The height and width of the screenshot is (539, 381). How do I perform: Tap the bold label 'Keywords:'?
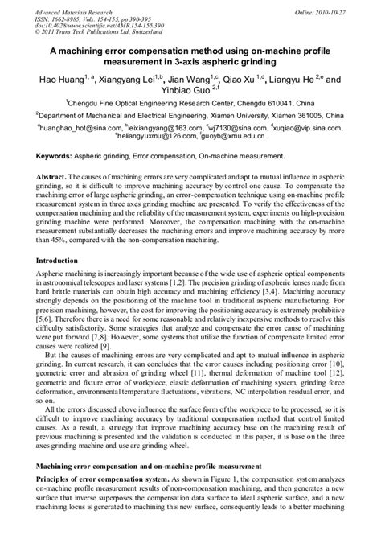(x=61, y=153)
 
